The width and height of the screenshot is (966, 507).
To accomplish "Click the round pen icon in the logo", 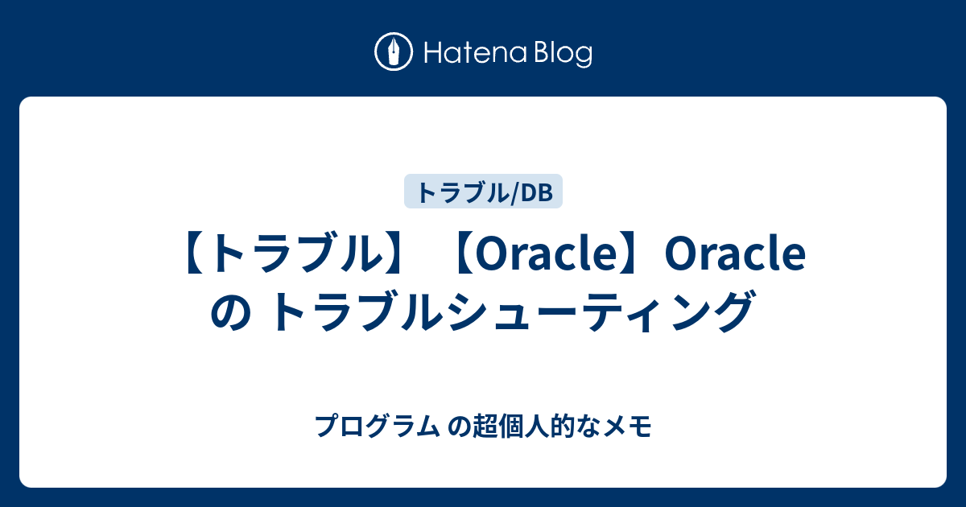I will pyautogui.click(x=394, y=52).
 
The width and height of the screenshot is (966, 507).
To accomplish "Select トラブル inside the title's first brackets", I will pyautogui.click(x=295, y=256).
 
